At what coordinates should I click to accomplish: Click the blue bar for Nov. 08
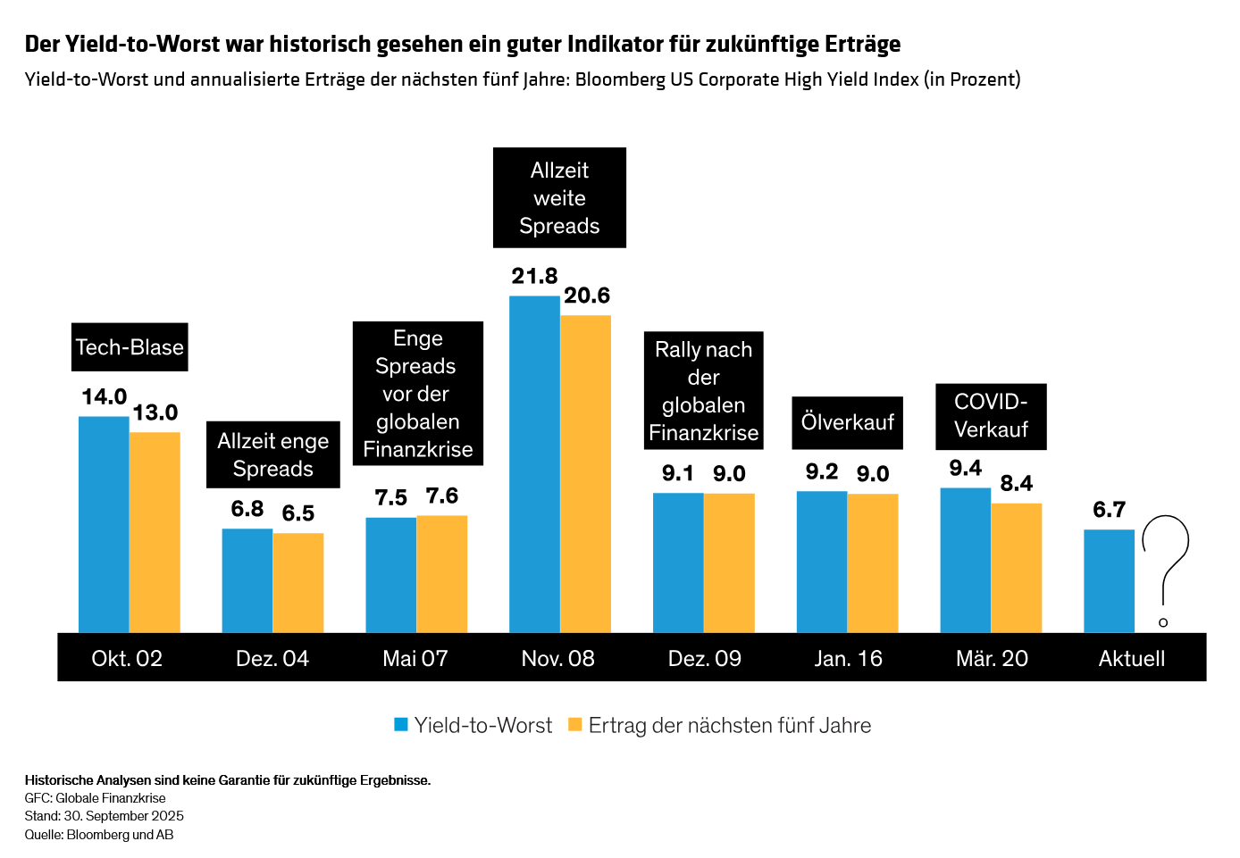(x=534, y=464)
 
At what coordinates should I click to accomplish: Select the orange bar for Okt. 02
(x=155, y=532)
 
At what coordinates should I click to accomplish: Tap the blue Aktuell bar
(x=1109, y=581)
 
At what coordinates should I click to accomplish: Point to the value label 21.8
(x=534, y=277)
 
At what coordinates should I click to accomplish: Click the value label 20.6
(x=587, y=296)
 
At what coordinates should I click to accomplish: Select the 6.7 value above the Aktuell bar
(x=1109, y=510)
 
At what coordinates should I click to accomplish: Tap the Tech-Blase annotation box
(x=130, y=347)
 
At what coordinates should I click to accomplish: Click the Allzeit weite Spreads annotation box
(x=559, y=197)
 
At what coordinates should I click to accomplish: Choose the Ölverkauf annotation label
(x=847, y=422)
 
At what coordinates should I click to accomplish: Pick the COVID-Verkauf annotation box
(x=991, y=416)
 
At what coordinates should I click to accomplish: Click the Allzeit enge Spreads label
(x=272, y=454)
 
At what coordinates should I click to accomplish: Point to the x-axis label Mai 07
(x=415, y=659)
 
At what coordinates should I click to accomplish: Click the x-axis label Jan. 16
(x=848, y=659)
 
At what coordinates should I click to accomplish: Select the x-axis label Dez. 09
(x=704, y=659)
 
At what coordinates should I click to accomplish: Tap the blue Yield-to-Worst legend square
(x=401, y=725)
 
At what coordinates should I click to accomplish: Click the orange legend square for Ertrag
(x=575, y=725)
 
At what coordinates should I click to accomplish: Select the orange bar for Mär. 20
(x=1016, y=568)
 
